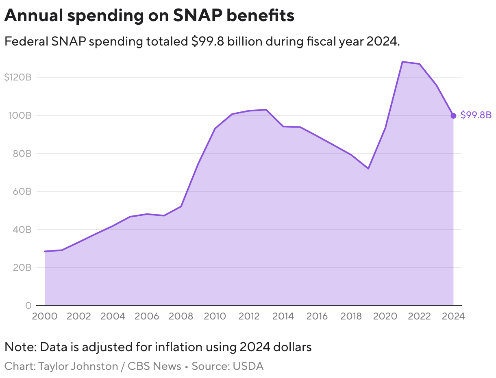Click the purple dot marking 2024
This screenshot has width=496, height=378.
(x=453, y=116)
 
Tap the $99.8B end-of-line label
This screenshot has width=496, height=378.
(x=476, y=115)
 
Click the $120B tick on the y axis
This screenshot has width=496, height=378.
(x=17, y=77)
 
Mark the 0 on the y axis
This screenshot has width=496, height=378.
(x=28, y=305)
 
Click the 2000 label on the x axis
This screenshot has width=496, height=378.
(x=44, y=317)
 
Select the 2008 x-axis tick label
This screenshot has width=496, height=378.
(x=181, y=317)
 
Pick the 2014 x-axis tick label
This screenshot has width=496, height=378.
(x=283, y=317)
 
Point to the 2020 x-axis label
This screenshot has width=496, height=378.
(x=385, y=317)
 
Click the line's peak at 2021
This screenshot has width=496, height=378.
(x=402, y=62)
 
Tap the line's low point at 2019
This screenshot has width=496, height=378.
(x=368, y=168)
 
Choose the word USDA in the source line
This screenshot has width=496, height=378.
(x=248, y=366)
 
